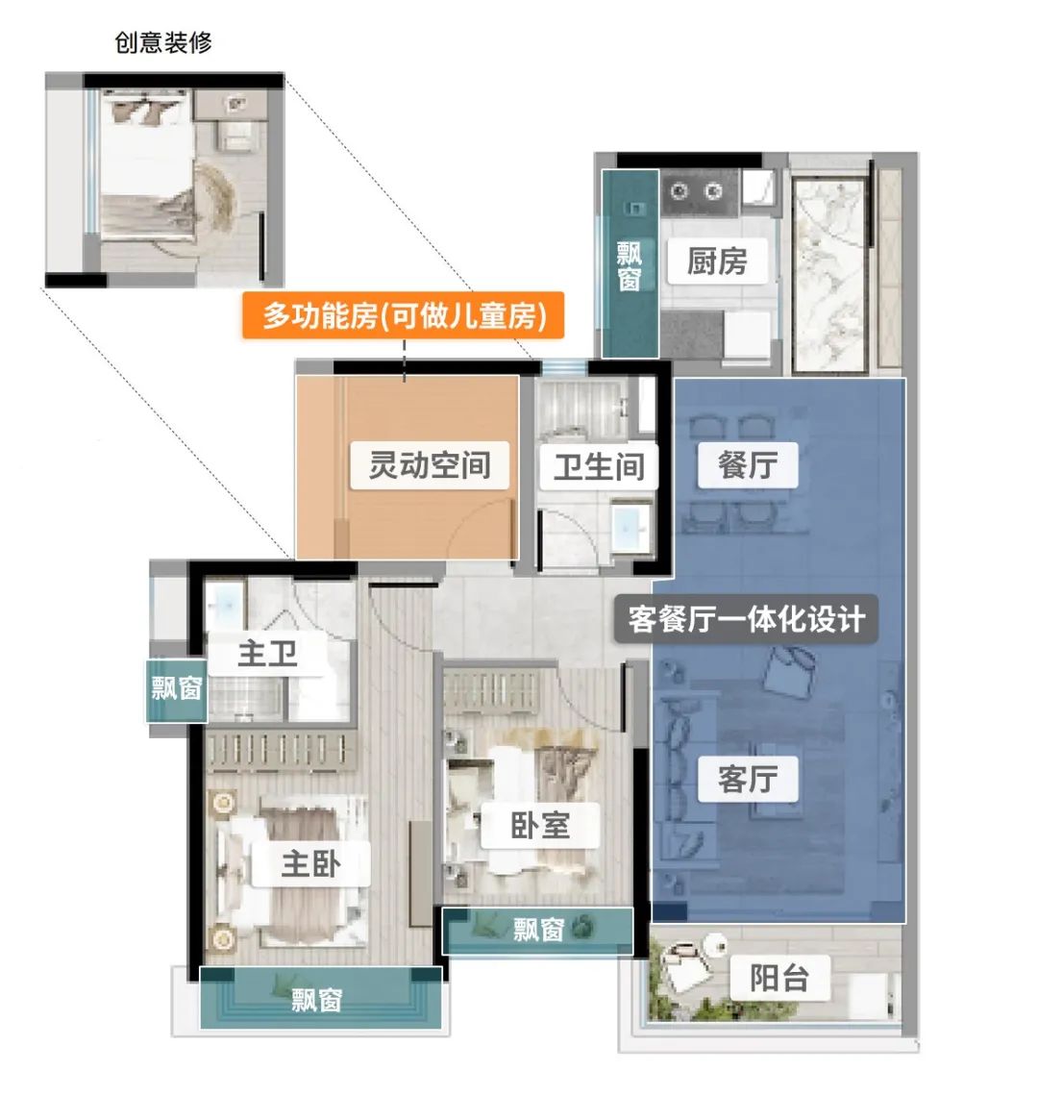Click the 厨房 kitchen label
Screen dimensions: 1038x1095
tap(717, 261)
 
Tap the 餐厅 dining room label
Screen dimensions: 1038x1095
tap(748, 464)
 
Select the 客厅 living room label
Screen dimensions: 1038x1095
tap(748, 778)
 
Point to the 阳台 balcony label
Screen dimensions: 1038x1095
tap(779, 978)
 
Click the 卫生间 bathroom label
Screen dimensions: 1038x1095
tap(599, 466)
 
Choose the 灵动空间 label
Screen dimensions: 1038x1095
tap(430, 464)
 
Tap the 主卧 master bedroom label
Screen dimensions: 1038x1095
tap(310, 864)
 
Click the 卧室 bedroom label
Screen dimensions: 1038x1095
tap(540, 826)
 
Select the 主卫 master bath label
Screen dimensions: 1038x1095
tap(267, 654)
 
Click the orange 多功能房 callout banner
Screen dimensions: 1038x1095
tap(404, 315)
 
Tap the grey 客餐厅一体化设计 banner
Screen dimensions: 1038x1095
tap(746, 619)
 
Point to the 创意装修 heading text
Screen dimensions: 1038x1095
tap(163, 42)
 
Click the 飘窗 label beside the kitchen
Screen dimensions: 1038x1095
tap(629, 265)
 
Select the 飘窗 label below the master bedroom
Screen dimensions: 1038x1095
tap(317, 1000)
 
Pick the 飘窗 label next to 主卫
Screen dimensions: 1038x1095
tap(177, 688)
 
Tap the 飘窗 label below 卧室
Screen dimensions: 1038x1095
tap(538, 930)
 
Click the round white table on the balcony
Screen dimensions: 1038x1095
tap(714, 944)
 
